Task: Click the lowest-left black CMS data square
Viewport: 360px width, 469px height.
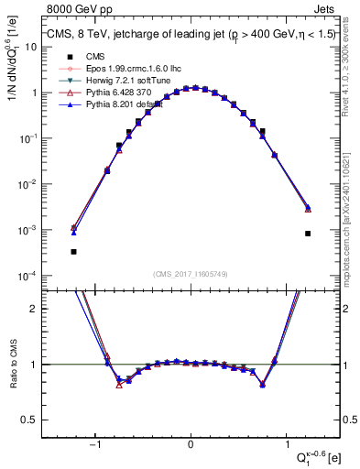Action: (73, 251)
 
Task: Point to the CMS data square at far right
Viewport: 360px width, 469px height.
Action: (308, 234)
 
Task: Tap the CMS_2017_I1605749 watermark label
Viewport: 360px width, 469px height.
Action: (191, 274)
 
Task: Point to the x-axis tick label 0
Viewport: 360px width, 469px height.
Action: (191, 444)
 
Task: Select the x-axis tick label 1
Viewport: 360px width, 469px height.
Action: (287, 444)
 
